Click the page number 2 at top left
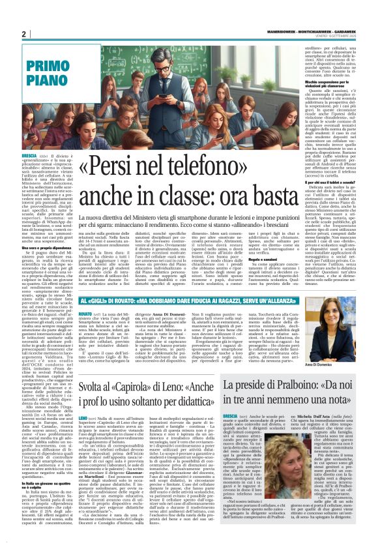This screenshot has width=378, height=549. [24, 34]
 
